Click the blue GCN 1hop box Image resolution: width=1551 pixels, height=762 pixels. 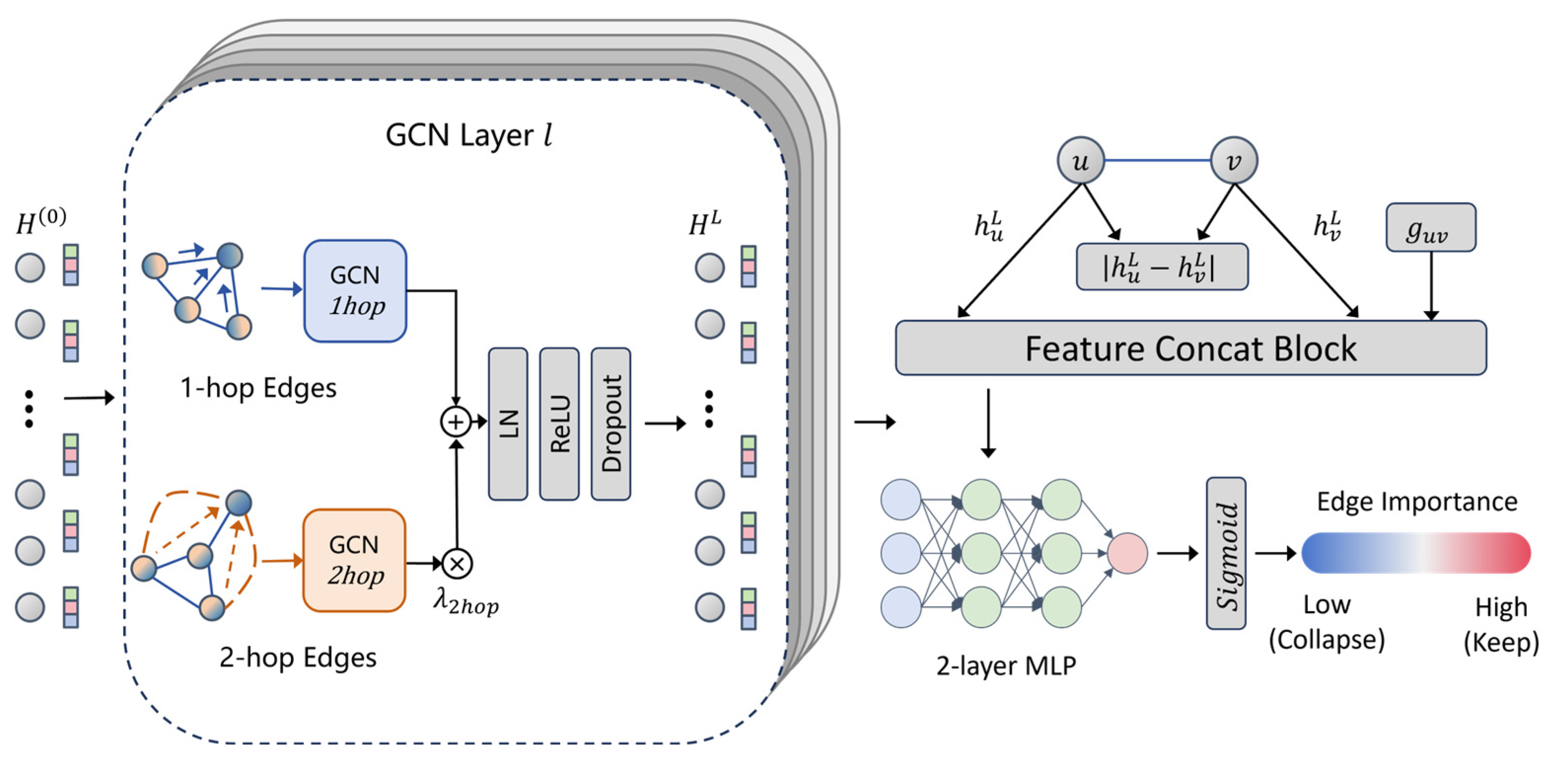[355, 291]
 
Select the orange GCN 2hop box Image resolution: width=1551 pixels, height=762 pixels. [354, 560]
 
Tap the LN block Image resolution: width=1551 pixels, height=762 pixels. [508, 424]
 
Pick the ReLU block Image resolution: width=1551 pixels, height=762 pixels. [560, 424]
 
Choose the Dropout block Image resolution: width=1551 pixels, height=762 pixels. [610, 424]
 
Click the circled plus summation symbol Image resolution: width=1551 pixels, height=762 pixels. [456, 422]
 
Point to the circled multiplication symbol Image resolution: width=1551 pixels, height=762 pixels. [457, 564]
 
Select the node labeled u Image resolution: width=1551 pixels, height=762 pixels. [1081, 161]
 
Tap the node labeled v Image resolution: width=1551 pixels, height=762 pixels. [1234, 161]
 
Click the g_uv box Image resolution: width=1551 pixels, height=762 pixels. [1431, 228]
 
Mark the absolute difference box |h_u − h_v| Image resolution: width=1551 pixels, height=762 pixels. [1162, 267]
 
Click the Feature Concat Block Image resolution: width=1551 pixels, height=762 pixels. [1190, 348]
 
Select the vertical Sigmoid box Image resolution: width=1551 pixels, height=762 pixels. [1226, 553]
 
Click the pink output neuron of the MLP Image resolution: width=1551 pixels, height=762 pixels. [1127, 553]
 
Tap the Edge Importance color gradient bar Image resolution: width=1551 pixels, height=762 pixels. [1415, 553]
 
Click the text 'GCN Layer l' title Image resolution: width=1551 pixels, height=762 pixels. [468, 135]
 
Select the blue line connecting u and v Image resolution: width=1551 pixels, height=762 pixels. [1157, 161]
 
